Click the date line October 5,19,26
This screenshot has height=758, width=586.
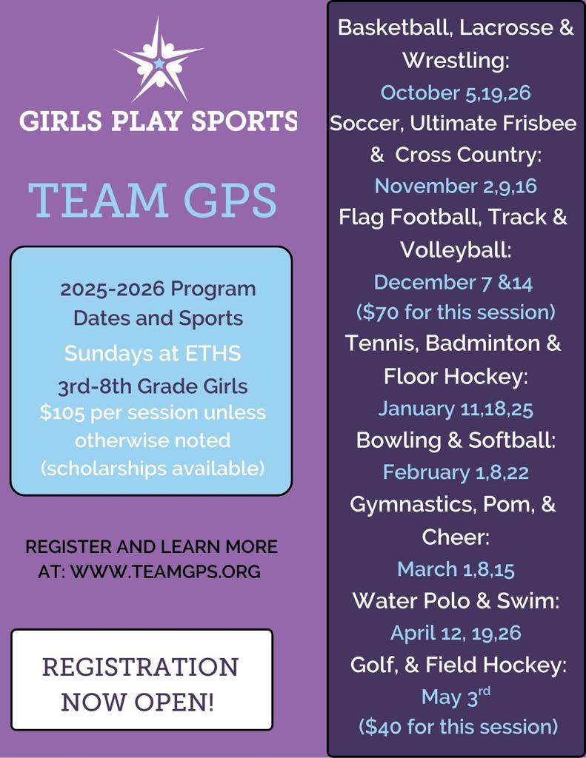[x=455, y=93]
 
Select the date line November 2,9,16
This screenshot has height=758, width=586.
[x=455, y=186]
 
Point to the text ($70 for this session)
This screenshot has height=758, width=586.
[x=455, y=312]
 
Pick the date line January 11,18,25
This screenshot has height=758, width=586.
[x=455, y=409]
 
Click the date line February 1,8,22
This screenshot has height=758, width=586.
[x=455, y=472]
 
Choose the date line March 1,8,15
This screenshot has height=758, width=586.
[x=455, y=568]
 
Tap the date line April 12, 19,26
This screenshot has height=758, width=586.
[x=455, y=633]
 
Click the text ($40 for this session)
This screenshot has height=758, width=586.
[x=457, y=726]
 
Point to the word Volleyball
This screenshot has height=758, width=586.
[x=455, y=249]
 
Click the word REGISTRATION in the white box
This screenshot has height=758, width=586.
[x=141, y=666]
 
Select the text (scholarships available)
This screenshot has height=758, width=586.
[x=152, y=469]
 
